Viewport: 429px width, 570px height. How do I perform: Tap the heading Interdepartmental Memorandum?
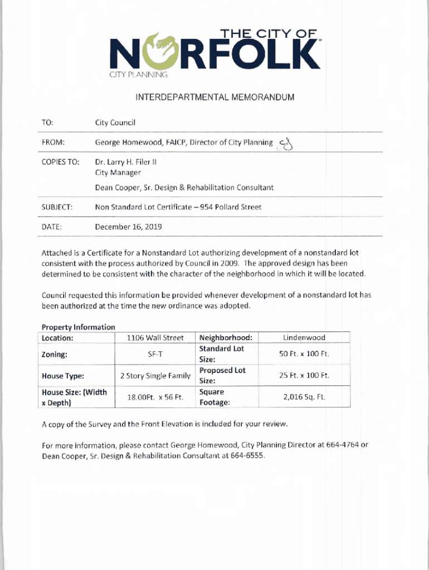pos(214,97)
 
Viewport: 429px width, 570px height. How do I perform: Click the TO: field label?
pos(48,122)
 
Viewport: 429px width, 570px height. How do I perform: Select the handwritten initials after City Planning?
pos(287,144)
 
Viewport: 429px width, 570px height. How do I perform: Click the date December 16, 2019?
pos(128,227)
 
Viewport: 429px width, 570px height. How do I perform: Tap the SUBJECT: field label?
pos(57,207)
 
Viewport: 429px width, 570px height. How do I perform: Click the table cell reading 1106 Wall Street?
pos(155,338)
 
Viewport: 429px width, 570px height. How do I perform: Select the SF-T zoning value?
pos(155,354)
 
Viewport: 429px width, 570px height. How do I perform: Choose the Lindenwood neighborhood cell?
pos(304,337)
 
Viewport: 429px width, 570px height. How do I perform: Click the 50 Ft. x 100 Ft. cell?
pos(304,354)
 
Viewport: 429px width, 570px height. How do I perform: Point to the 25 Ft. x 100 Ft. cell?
pos(304,376)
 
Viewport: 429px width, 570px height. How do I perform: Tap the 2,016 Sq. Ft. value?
pos(304,397)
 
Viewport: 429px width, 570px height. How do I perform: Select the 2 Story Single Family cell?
pos(155,376)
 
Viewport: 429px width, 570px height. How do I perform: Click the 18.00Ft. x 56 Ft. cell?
pos(155,397)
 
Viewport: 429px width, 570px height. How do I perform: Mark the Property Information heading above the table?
pos(78,327)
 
